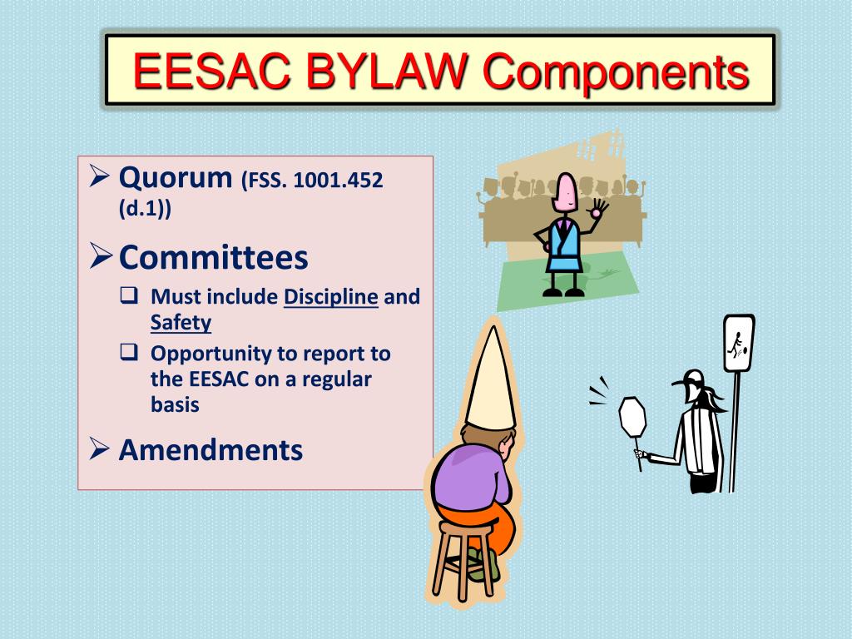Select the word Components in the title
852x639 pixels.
click(x=617, y=71)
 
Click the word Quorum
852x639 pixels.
click(x=175, y=177)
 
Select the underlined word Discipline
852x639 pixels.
click(x=331, y=297)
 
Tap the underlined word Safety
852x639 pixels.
click(x=181, y=323)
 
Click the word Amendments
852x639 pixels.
click(x=211, y=450)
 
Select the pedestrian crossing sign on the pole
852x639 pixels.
click(x=738, y=343)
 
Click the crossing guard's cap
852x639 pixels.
click(x=692, y=379)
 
